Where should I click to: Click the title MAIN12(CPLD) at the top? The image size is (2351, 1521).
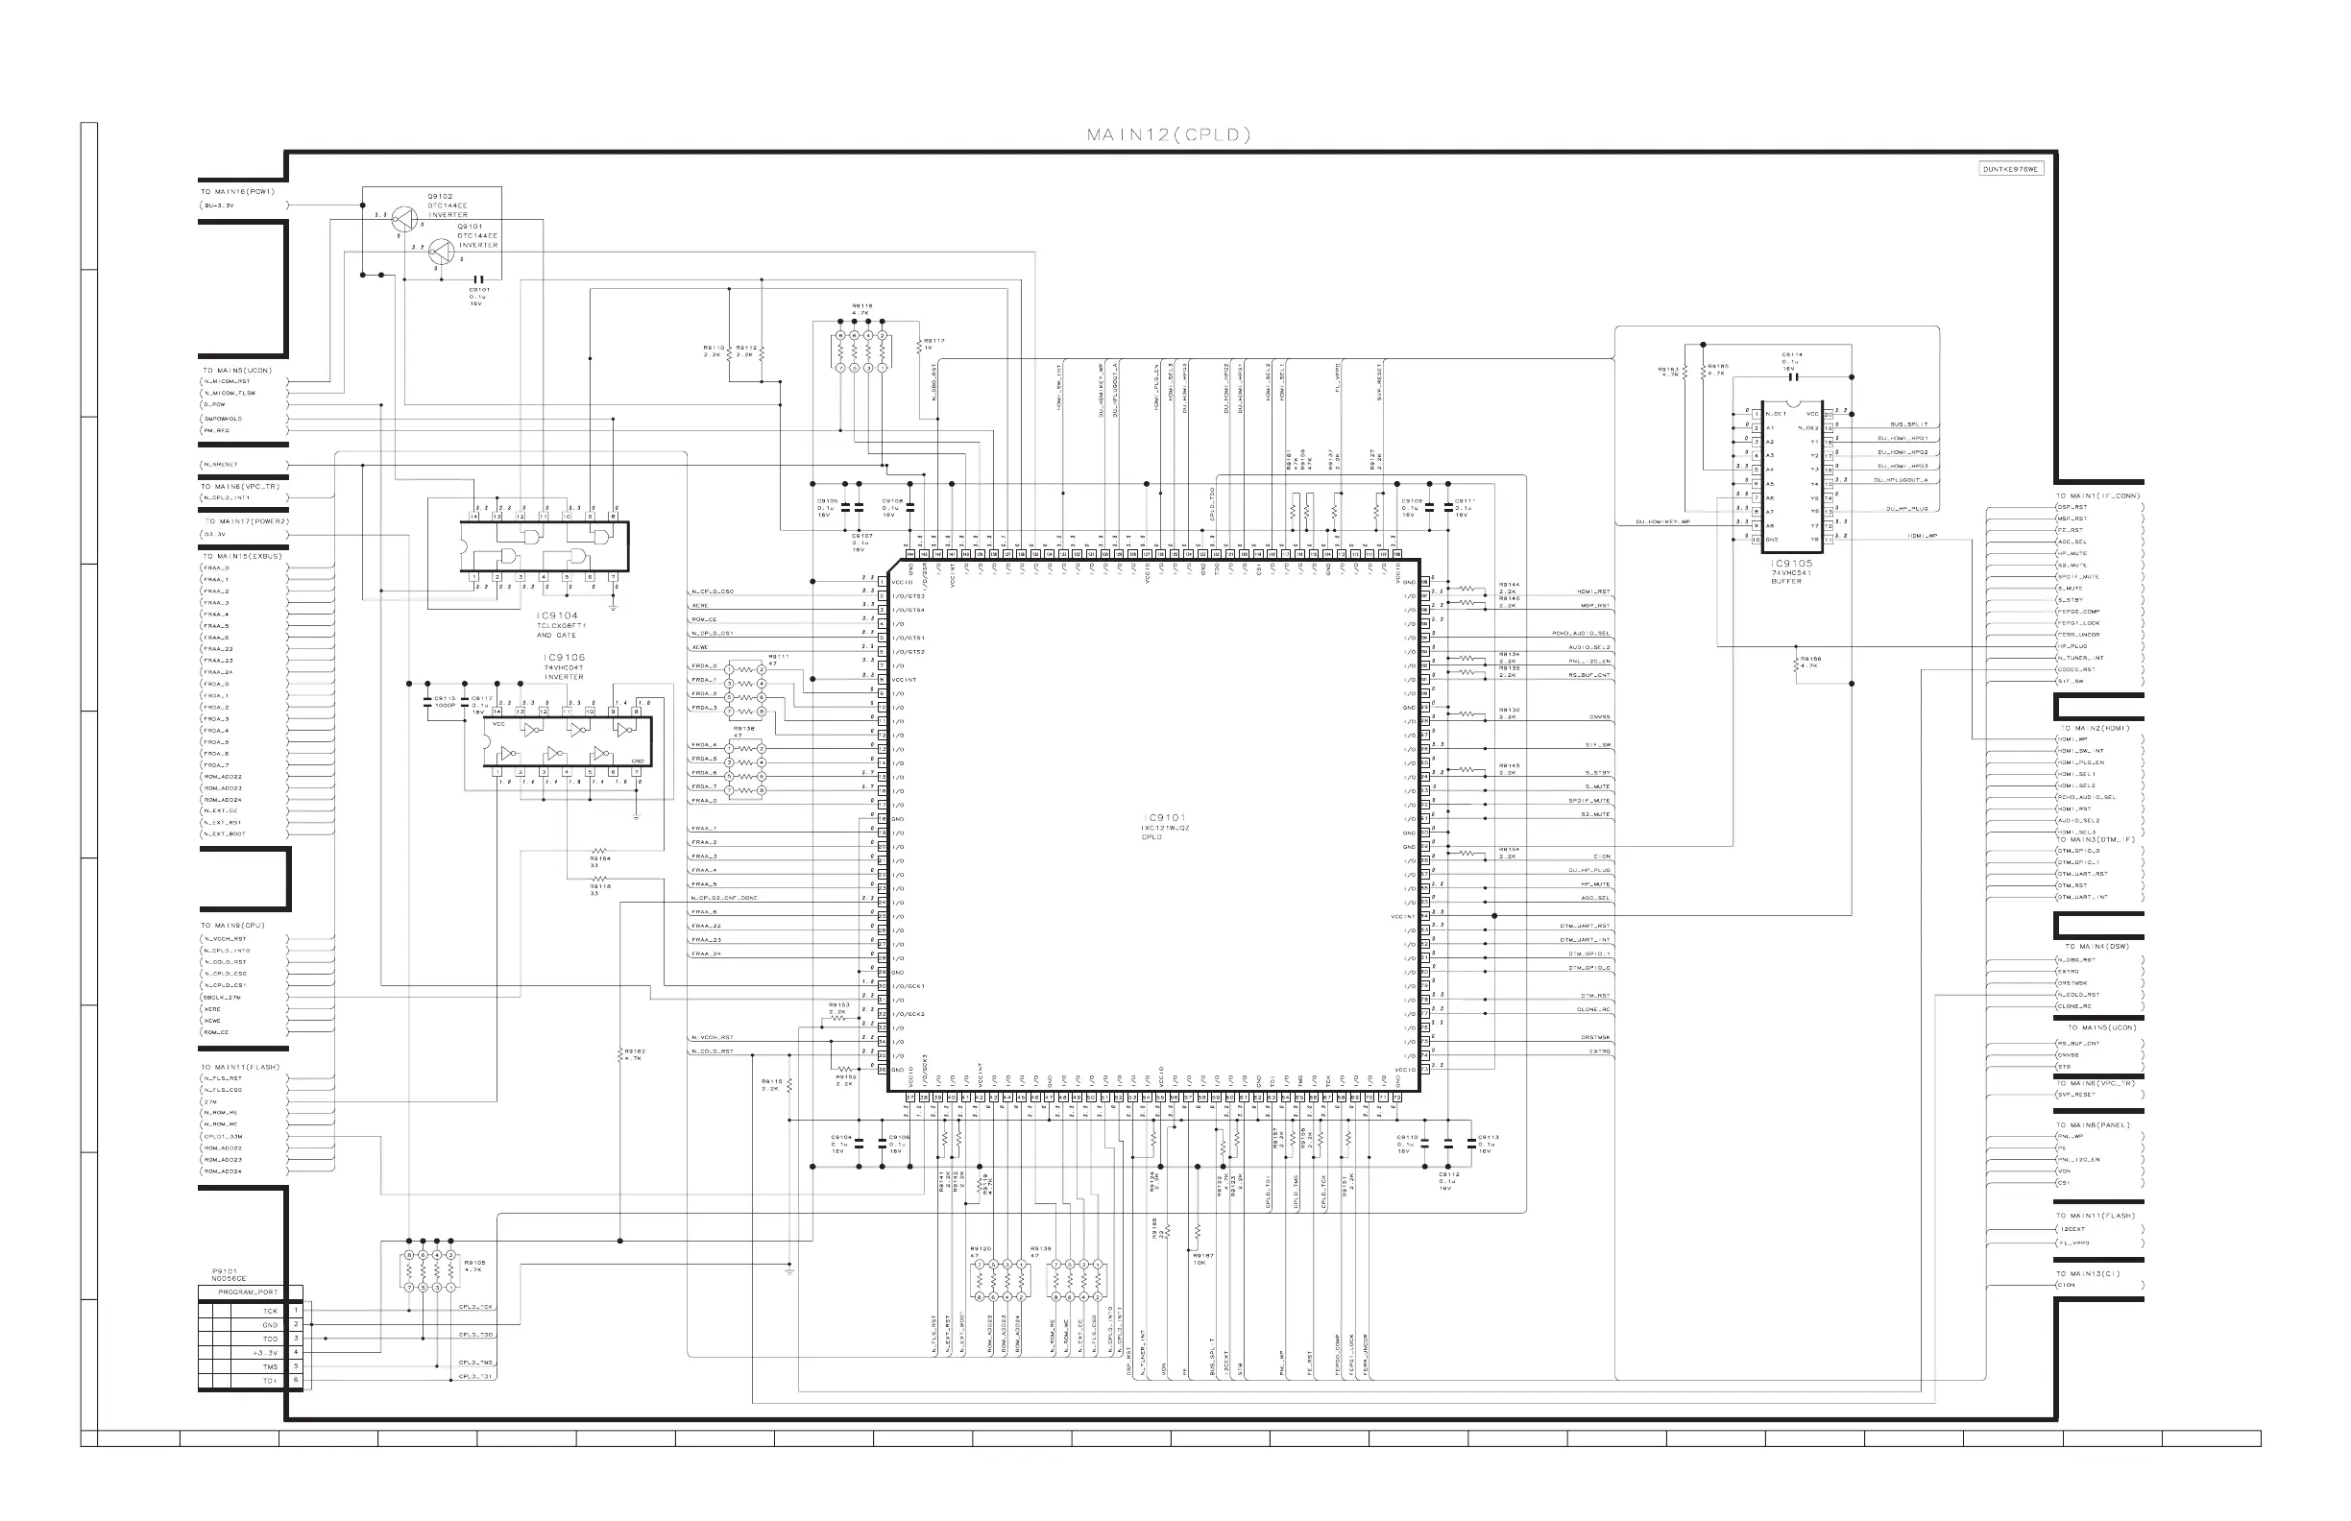1169,135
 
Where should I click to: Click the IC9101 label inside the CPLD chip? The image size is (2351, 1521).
1166,818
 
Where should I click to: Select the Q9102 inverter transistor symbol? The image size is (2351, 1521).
404,218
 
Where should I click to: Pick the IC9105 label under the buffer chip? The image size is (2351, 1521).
1791,564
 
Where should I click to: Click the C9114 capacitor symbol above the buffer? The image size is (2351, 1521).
1792,376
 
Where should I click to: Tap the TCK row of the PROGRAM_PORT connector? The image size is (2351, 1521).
270,1312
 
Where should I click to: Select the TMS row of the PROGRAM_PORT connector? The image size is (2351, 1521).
270,1367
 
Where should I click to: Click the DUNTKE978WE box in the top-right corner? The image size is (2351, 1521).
2010,169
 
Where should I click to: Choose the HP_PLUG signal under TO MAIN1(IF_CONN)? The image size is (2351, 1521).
2072,646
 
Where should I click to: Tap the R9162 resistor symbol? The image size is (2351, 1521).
620,1057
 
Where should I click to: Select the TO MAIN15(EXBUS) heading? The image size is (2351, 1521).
243,556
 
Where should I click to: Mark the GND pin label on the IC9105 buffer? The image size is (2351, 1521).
1772,540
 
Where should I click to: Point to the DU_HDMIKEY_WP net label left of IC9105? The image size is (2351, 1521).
1663,522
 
